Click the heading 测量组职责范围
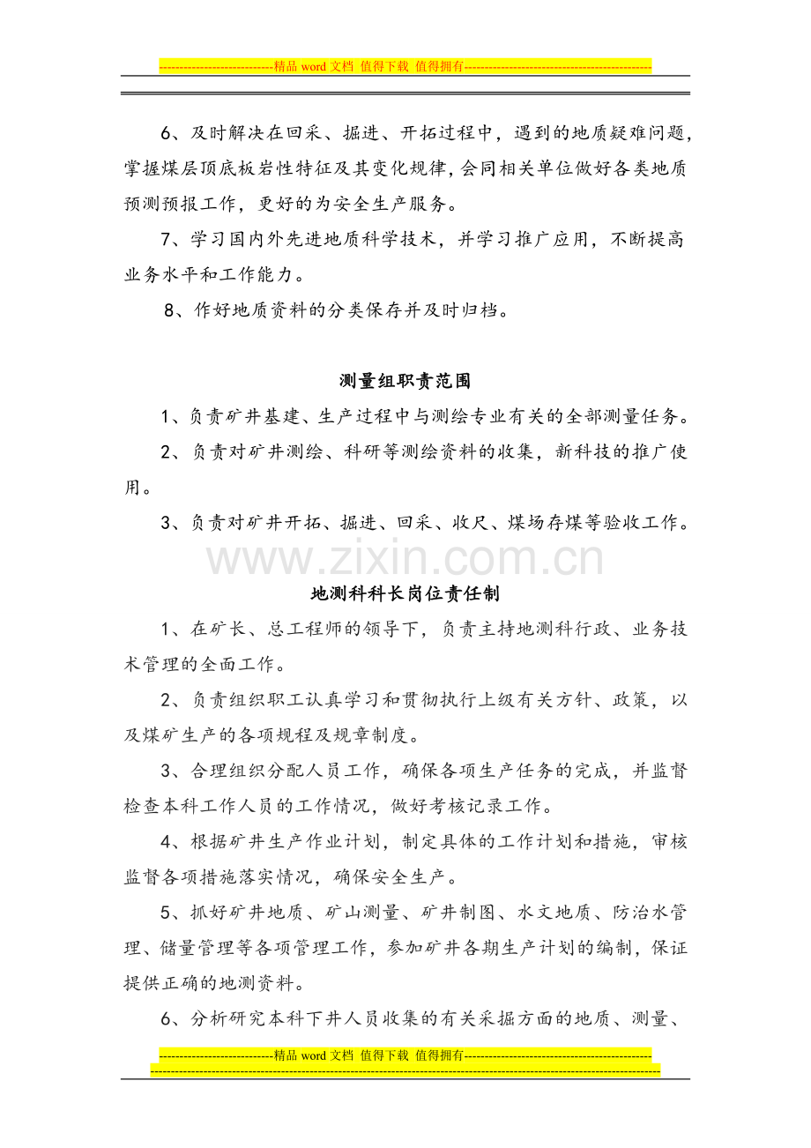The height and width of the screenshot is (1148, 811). pos(405,381)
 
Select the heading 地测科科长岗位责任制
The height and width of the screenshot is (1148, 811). pos(405,593)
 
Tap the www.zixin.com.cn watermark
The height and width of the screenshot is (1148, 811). pos(405,558)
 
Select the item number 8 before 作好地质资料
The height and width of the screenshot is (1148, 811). pos(171,311)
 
